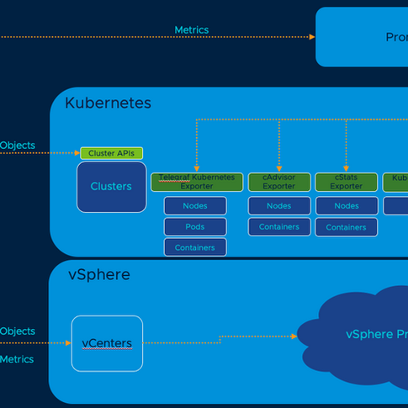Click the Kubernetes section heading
click(x=108, y=103)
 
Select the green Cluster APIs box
click(x=112, y=153)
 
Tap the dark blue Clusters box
click(x=111, y=186)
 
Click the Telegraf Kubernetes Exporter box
click(x=197, y=182)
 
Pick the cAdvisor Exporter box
click(x=278, y=182)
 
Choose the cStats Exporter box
click(x=346, y=182)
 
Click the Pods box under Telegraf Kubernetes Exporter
click(x=195, y=227)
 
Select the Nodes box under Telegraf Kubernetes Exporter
click(x=195, y=206)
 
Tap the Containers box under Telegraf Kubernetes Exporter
click(x=195, y=247)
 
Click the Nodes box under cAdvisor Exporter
click(x=278, y=206)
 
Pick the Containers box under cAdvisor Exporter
click(x=278, y=227)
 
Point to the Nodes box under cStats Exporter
click(x=346, y=206)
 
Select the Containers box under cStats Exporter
click(x=346, y=227)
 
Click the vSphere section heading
click(x=98, y=275)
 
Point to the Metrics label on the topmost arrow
click(x=191, y=30)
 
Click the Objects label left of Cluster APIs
click(x=17, y=146)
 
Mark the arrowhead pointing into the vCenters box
click(x=68, y=343)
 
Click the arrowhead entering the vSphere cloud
click(x=294, y=336)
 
